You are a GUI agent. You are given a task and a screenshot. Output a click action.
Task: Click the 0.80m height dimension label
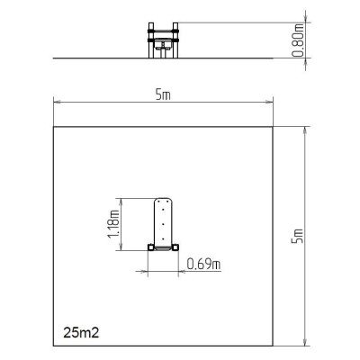(299, 40)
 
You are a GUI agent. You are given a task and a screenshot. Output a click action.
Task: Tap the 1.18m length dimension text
(113, 224)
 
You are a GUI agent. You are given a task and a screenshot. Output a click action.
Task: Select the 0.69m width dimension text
(203, 264)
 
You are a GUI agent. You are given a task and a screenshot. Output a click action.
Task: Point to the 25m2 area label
(81, 333)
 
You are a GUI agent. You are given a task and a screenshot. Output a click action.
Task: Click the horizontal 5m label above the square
(163, 95)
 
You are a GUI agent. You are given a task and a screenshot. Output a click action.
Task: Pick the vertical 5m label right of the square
(298, 236)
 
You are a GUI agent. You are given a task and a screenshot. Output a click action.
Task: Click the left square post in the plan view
(151, 247)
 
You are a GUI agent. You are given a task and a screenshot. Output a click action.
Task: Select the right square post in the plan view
(175, 247)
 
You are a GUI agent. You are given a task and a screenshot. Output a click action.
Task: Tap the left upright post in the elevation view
(151, 40)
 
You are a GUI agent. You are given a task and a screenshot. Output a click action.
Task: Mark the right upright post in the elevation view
(175, 40)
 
